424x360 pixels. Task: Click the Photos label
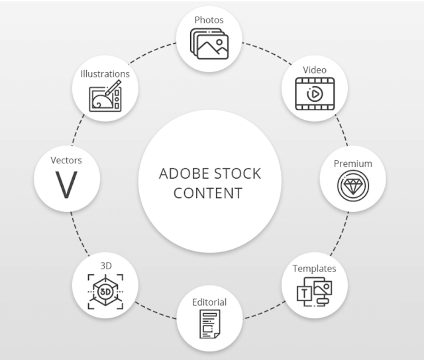coord(209,20)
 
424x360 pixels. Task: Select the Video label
coord(315,70)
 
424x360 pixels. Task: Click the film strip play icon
coord(315,93)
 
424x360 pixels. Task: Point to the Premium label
coord(352,163)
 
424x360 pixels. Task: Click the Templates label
coord(314,269)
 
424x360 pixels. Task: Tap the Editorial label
coord(209,302)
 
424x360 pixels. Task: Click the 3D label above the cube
coord(105,265)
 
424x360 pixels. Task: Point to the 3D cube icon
coord(105,291)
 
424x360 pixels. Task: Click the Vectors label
coord(66,160)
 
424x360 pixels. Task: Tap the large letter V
coord(66,185)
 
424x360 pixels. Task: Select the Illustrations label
coord(105,74)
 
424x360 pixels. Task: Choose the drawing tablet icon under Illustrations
coord(105,97)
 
